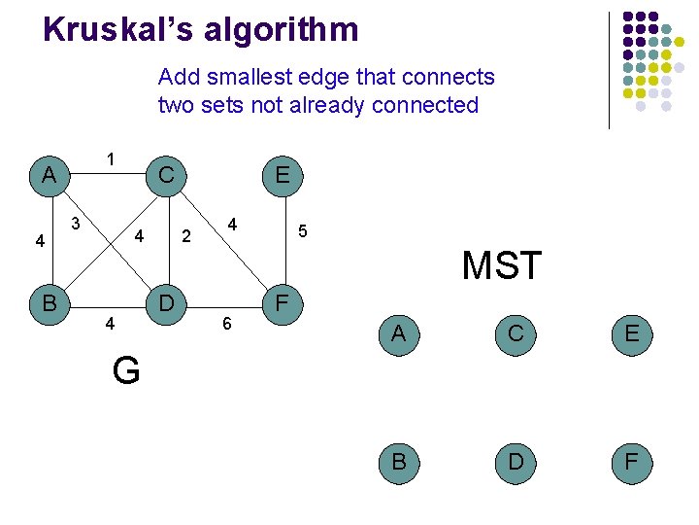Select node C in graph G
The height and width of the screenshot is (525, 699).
pyautogui.click(x=166, y=175)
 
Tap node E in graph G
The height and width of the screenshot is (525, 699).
pyautogui.click(x=282, y=175)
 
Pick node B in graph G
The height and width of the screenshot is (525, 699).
pyautogui.click(x=48, y=302)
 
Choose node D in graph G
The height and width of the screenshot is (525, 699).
pyautogui.click(x=166, y=302)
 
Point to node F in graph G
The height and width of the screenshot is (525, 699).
pyautogui.click(x=282, y=302)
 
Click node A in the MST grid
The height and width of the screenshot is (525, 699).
pyautogui.click(x=398, y=333)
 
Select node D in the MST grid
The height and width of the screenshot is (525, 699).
pyautogui.click(x=516, y=462)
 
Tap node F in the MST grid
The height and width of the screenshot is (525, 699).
pyautogui.click(x=631, y=462)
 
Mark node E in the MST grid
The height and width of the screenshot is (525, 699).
pyautogui.click(x=631, y=333)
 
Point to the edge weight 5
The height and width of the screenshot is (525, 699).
pyautogui.click(x=303, y=231)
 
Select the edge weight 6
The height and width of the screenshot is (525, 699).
pyautogui.click(x=226, y=324)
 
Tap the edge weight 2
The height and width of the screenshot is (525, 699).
pyautogui.click(x=187, y=236)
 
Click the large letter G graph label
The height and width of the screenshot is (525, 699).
pyautogui.click(x=126, y=370)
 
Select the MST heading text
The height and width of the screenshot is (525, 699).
pyautogui.click(x=501, y=265)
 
